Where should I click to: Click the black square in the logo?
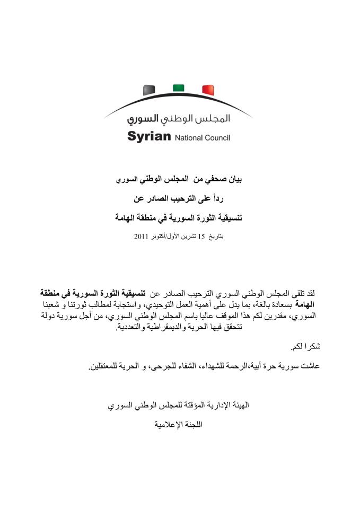(x=149, y=90)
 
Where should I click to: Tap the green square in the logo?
(x=178, y=87)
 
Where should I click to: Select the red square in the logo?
(x=207, y=90)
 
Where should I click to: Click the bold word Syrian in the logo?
(x=149, y=137)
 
